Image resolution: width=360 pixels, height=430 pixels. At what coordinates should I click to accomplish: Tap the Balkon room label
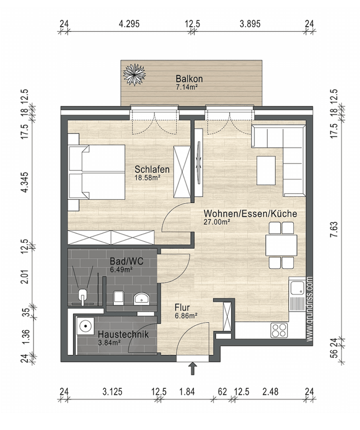(189, 78)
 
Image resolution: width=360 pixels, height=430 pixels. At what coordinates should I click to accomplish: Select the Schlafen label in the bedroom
(152, 170)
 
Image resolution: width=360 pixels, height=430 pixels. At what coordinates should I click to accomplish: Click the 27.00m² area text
(217, 222)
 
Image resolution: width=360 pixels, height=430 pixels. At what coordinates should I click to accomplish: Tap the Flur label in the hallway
(182, 307)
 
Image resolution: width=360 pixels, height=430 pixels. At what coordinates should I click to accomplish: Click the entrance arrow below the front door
(193, 368)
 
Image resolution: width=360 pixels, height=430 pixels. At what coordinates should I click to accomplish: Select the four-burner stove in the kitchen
(279, 330)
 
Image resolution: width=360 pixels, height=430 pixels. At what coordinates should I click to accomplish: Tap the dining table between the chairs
(281, 245)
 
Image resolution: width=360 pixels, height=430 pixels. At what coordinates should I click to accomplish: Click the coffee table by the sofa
(266, 170)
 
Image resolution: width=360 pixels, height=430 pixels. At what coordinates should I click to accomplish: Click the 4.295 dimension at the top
(129, 24)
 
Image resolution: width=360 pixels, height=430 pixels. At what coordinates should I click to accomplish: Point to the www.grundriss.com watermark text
(310, 309)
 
